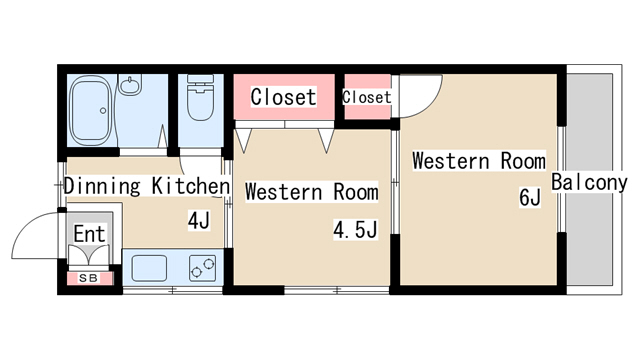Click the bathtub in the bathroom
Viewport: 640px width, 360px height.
(x=92, y=110)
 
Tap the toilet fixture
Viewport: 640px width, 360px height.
(x=200, y=97)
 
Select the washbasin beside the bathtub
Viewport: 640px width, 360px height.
(x=130, y=84)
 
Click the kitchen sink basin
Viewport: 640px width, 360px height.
(x=149, y=268)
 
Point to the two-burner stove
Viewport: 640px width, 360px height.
(x=202, y=268)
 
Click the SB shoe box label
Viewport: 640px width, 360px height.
(x=89, y=278)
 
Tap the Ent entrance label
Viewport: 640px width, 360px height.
(x=89, y=234)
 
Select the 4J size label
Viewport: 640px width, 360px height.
(x=199, y=220)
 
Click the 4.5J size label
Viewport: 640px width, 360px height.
(x=355, y=229)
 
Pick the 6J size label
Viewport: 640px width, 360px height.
(x=530, y=198)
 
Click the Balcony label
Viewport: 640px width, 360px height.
(x=589, y=182)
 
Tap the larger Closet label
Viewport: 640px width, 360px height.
(x=283, y=97)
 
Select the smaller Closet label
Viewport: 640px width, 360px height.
(x=367, y=97)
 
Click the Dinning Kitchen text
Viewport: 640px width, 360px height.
(x=147, y=186)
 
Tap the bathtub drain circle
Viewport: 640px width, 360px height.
(x=103, y=111)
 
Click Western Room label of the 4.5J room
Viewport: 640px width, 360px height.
(x=311, y=192)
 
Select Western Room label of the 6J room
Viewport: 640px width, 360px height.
(x=478, y=161)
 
